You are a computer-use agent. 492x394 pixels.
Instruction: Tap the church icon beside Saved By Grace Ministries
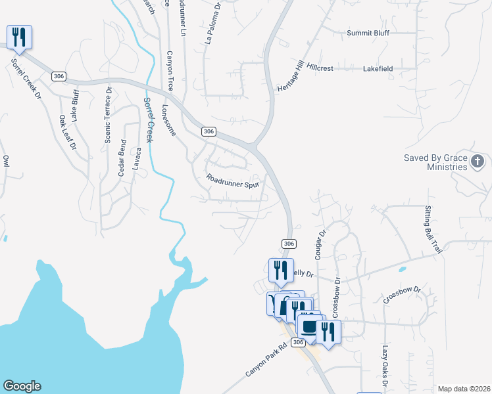click(x=478, y=161)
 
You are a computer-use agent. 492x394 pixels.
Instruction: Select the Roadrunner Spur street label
click(x=233, y=181)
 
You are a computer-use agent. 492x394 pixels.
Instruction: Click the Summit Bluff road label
click(x=368, y=33)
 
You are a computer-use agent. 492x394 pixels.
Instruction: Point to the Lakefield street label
click(x=378, y=68)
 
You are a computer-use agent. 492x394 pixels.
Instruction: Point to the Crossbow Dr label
click(x=403, y=294)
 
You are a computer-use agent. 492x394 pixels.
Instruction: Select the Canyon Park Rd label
click(x=266, y=359)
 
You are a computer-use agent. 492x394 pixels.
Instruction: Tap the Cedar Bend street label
click(x=122, y=158)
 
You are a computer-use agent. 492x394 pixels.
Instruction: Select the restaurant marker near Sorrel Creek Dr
click(x=18, y=38)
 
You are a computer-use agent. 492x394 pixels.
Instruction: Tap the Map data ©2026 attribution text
click(x=463, y=389)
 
